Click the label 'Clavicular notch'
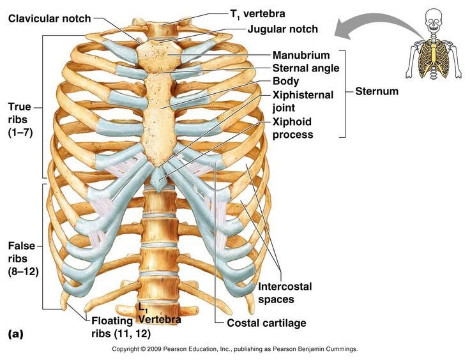point(49,18)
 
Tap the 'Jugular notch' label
point(282,29)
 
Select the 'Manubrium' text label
point(301,56)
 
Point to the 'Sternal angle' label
point(305,68)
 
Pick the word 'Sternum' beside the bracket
point(376,91)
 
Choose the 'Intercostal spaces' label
point(285,292)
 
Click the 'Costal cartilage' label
point(266,323)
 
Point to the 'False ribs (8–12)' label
point(23,259)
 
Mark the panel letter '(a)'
point(17,334)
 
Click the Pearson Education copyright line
point(235,350)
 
